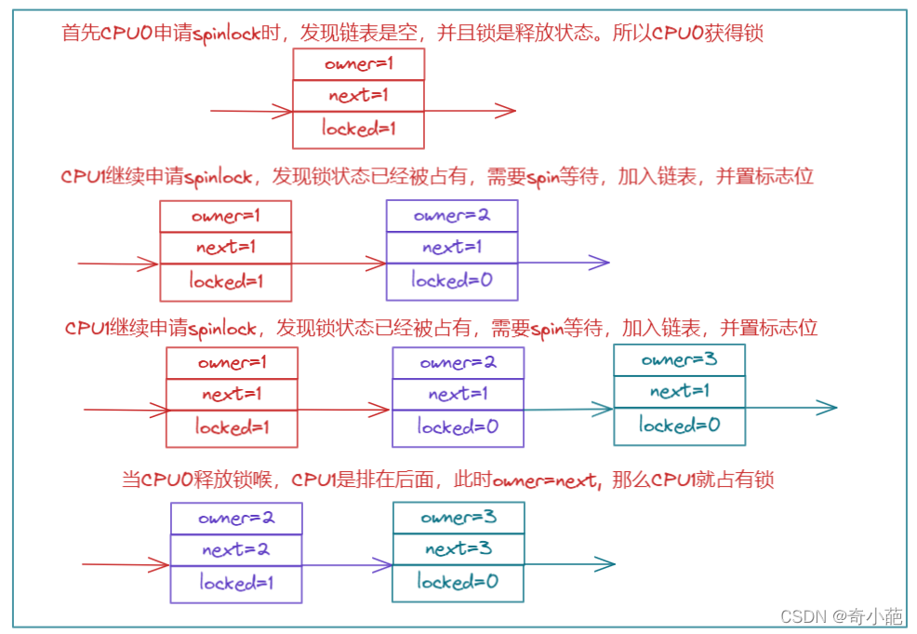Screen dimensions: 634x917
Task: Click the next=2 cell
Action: (235, 549)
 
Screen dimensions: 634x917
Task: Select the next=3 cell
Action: (458, 548)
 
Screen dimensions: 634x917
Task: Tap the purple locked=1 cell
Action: (235, 583)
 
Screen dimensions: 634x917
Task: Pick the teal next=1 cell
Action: (679, 391)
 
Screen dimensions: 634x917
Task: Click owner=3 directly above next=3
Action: (458, 518)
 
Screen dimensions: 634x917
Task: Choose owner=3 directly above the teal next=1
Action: (679, 359)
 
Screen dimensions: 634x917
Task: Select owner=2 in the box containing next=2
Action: (235, 519)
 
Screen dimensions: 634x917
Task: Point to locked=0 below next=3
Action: (458, 582)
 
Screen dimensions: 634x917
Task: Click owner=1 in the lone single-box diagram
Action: (358, 64)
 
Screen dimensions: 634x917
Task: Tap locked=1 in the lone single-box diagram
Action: (358, 129)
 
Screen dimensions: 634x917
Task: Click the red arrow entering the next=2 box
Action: (126, 564)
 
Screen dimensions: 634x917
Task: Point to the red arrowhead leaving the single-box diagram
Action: (506, 111)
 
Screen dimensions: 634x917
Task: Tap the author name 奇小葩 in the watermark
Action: (880, 616)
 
